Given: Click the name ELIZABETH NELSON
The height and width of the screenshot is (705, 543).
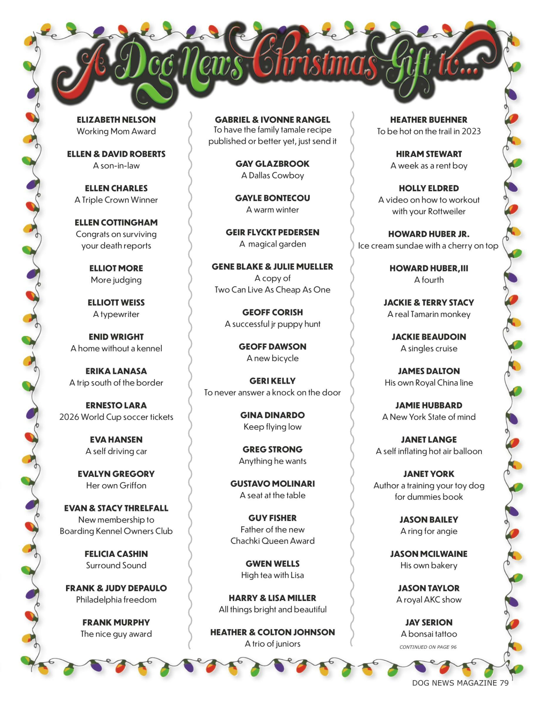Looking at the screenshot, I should (116, 120).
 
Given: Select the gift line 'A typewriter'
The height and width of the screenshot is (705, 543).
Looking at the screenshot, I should (116, 314).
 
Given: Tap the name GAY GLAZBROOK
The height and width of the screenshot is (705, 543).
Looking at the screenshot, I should (272, 164).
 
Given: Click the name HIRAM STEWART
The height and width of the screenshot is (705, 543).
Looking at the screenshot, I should (429, 154).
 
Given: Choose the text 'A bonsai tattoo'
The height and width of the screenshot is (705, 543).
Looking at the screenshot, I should (429, 634).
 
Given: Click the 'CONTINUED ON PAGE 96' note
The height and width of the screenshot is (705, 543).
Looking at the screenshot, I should (428, 647).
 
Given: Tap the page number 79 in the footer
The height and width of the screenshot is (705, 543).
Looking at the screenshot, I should (504, 683).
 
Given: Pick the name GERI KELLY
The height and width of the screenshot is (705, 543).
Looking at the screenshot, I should (272, 381).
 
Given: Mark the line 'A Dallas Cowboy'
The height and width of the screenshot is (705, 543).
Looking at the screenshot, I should (272, 175).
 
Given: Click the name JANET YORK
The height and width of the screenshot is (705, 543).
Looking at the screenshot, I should (429, 474).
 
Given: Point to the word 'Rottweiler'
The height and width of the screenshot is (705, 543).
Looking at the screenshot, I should (447, 211).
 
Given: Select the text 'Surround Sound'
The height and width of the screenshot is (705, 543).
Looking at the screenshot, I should (116, 565).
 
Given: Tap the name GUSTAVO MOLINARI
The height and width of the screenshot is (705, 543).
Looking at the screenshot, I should (272, 484).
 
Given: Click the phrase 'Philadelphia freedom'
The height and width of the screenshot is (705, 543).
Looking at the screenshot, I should (116, 600).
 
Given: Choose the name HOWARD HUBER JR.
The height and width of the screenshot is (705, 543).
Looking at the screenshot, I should (429, 234).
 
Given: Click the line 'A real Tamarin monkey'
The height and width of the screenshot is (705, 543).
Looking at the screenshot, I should (429, 314).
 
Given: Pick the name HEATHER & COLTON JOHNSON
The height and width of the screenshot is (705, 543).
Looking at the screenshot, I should (272, 632).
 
